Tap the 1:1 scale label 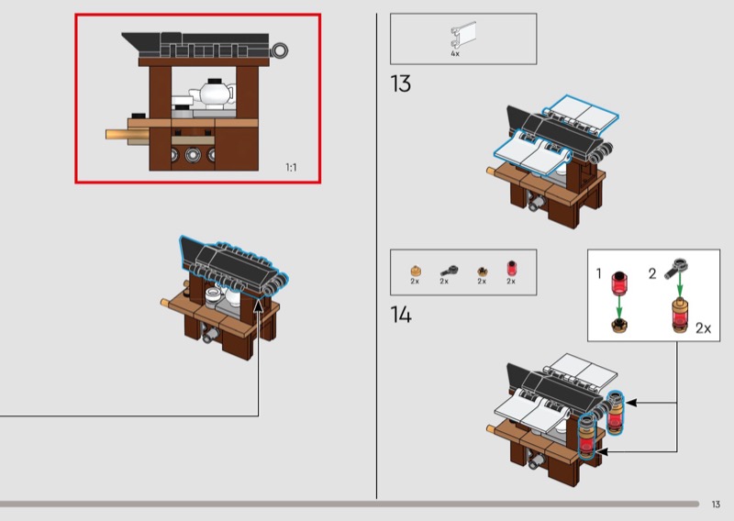pos(292,167)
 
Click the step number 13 pos(401,84)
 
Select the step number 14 pos(401,315)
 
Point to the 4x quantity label pos(455,54)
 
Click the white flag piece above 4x pos(458,36)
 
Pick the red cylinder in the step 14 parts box pos(512,269)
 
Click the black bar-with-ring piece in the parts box pos(449,270)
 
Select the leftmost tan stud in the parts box pos(415,270)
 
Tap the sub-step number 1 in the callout pos(598,273)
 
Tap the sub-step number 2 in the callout pos(653,273)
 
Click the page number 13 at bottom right pos(716,504)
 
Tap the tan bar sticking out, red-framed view pos(128,135)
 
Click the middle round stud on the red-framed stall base pos(193,154)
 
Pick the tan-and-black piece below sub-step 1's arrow pos(619,326)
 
